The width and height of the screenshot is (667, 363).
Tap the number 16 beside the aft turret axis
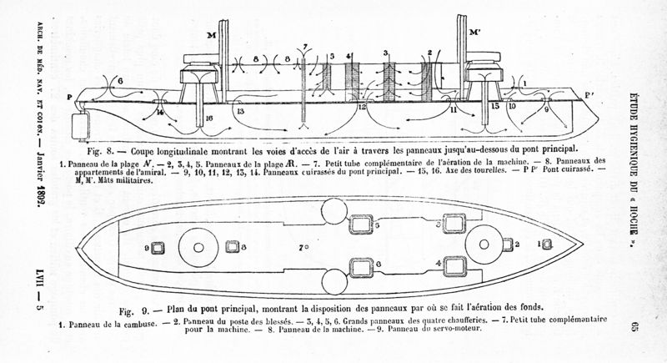click(x=208, y=119)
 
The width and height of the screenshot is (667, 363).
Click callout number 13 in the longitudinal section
click(x=240, y=110)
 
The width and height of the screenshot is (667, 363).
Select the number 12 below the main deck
click(x=361, y=108)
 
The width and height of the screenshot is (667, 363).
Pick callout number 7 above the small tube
click(x=305, y=44)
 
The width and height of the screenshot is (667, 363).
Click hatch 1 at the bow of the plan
click(x=547, y=243)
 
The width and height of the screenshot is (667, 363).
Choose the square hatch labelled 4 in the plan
click(x=454, y=265)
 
